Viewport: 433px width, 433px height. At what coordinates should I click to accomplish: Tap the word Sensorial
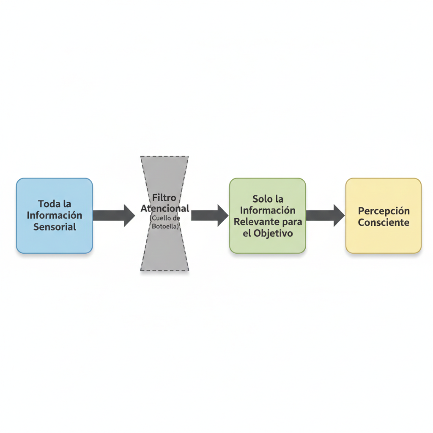[x=55, y=227]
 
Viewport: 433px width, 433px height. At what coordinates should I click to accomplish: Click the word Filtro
[x=164, y=198]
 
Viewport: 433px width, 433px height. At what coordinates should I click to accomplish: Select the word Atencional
[x=164, y=208]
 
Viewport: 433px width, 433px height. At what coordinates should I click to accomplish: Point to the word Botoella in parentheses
[x=164, y=226]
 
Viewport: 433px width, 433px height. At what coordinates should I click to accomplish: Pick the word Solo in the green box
[x=262, y=199]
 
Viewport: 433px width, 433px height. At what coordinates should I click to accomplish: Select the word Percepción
[x=384, y=211]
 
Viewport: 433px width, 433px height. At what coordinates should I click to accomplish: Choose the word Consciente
[x=384, y=222]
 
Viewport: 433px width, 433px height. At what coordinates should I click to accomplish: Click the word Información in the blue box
[x=55, y=215]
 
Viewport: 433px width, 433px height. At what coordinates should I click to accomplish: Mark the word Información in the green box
[x=267, y=210]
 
